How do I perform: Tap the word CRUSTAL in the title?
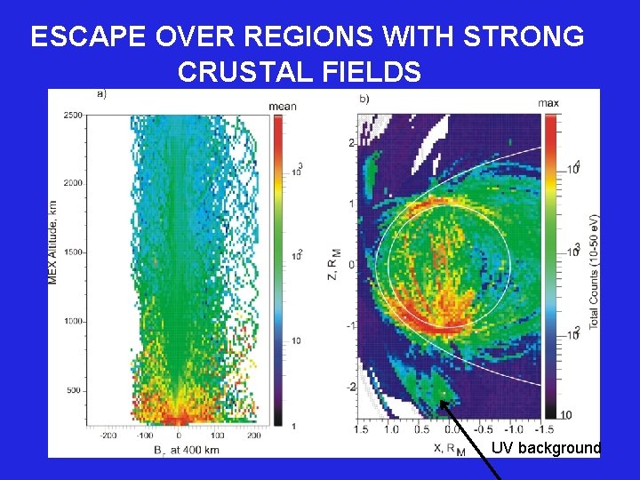[x=239, y=71]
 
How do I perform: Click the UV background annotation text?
[x=546, y=448]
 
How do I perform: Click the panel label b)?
[x=364, y=98]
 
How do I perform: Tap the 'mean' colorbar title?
[x=282, y=106]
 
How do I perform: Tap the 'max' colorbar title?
[x=548, y=104]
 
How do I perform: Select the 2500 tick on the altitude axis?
[x=72, y=116]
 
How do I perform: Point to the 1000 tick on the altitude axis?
[x=72, y=321]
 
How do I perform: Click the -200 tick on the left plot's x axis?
[x=109, y=436]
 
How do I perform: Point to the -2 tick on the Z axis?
[x=350, y=388]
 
